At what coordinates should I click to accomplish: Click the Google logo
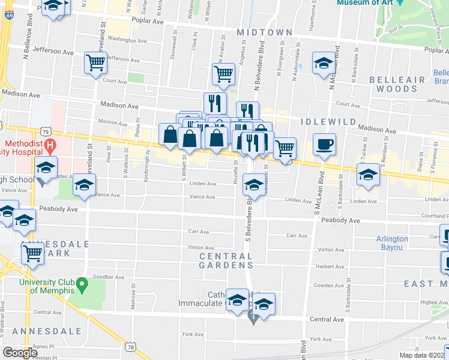[20, 353]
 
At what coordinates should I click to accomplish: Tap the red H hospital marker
[50, 145]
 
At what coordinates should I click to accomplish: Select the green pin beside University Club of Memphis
[83, 282]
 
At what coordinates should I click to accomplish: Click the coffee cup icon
[324, 145]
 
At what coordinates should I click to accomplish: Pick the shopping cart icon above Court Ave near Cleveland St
[95, 62]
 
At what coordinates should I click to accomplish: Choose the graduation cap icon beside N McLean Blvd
[324, 62]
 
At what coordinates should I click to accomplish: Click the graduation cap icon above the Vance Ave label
[85, 185]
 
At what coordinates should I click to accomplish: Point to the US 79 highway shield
[45, 131]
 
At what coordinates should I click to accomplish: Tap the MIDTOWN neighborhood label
[264, 32]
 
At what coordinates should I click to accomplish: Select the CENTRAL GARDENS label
[226, 260]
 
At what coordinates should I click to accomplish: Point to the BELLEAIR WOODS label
[393, 84]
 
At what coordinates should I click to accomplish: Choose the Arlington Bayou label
[392, 243]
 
